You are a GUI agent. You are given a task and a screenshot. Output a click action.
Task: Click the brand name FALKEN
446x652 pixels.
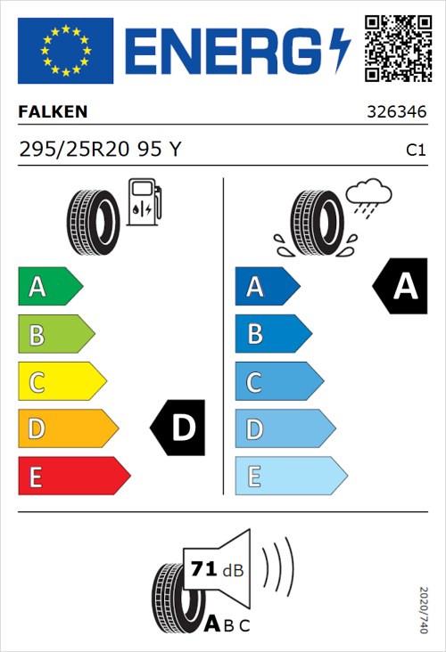(x=53, y=112)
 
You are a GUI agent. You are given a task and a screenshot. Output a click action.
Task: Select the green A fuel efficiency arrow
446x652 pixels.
(x=49, y=287)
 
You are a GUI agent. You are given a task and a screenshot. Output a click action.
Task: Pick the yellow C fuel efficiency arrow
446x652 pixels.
(x=62, y=382)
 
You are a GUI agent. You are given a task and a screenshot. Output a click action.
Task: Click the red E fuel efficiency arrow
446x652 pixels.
(x=73, y=477)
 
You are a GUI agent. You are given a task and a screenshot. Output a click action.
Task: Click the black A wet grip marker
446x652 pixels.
(x=401, y=287)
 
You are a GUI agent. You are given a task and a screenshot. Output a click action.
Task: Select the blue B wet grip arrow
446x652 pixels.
(x=271, y=334)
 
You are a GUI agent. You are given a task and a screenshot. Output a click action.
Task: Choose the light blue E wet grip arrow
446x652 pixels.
(x=290, y=477)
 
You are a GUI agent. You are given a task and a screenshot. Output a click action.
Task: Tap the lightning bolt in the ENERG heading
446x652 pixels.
(x=341, y=49)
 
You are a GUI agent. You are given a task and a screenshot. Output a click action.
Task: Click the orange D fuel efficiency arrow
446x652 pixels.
(x=67, y=429)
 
